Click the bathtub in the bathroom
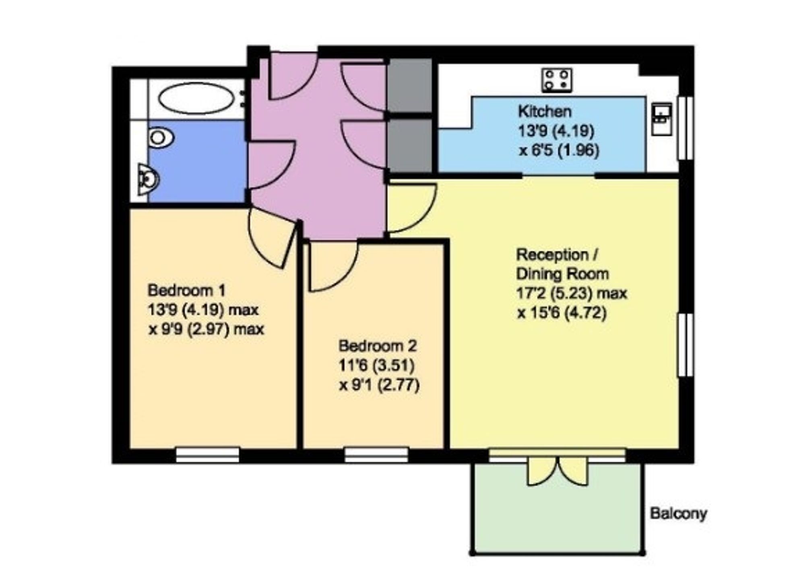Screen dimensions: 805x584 coord(196,98)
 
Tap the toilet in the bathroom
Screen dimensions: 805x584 coord(160,138)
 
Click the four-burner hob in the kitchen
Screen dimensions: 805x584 coord(557,80)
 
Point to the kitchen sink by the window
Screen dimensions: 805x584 coord(662,119)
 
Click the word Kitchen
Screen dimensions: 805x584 coord(544,111)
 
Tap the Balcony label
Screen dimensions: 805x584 coord(679,514)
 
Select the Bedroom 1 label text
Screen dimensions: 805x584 coord(187,290)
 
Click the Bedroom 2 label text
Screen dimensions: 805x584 coord(378,345)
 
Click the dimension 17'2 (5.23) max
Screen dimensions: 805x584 coord(572,293)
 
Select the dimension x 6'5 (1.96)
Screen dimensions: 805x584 coord(559,150)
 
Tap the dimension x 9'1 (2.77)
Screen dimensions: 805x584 coord(379,385)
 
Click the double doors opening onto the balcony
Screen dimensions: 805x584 coord(557,471)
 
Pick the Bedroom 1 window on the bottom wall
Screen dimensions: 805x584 coord(208,455)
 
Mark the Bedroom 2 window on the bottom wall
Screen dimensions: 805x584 coord(376,455)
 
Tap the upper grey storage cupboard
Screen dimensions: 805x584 coord(410,85)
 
